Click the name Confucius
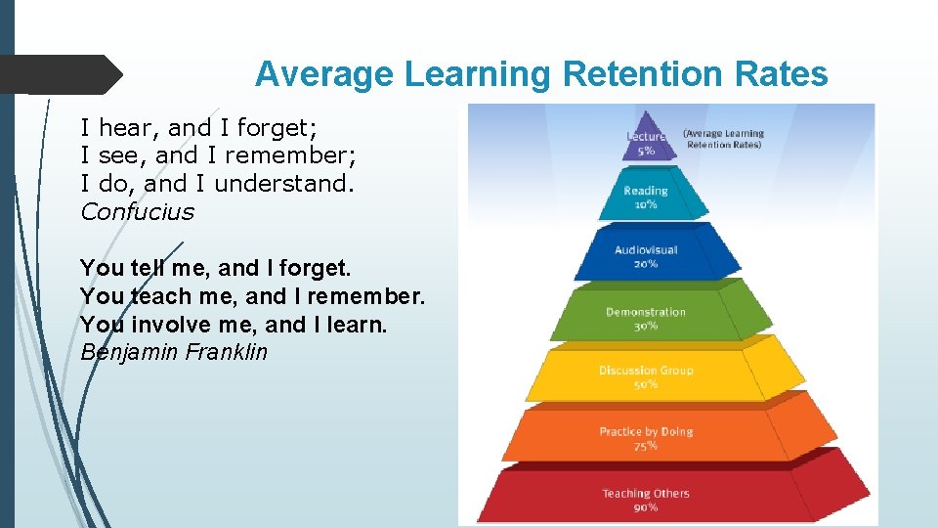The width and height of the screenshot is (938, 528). pos(137,212)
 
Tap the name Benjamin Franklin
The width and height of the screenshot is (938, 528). pos(173,352)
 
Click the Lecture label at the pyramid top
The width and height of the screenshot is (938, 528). pos(645,137)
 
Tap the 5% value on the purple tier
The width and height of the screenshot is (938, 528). pos(646,152)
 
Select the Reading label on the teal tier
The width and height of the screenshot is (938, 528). pos(646,191)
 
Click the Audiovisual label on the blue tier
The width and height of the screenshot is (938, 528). pos(646,250)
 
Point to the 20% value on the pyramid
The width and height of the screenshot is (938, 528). pos(646,264)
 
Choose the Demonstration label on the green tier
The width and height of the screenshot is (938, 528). pos(646,312)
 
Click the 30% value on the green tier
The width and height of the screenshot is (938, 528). pos(646,326)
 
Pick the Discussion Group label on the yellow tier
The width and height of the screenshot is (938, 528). pos(646,371)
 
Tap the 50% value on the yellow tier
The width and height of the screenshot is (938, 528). pos(646,384)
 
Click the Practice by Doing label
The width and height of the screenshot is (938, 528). pos(646,431)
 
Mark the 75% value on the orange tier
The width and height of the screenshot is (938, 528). pos(646,446)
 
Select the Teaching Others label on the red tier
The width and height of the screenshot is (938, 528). pos(646,494)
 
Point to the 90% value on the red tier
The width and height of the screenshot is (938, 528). pos(646,507)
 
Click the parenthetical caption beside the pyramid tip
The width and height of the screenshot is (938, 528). pos(723,139)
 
